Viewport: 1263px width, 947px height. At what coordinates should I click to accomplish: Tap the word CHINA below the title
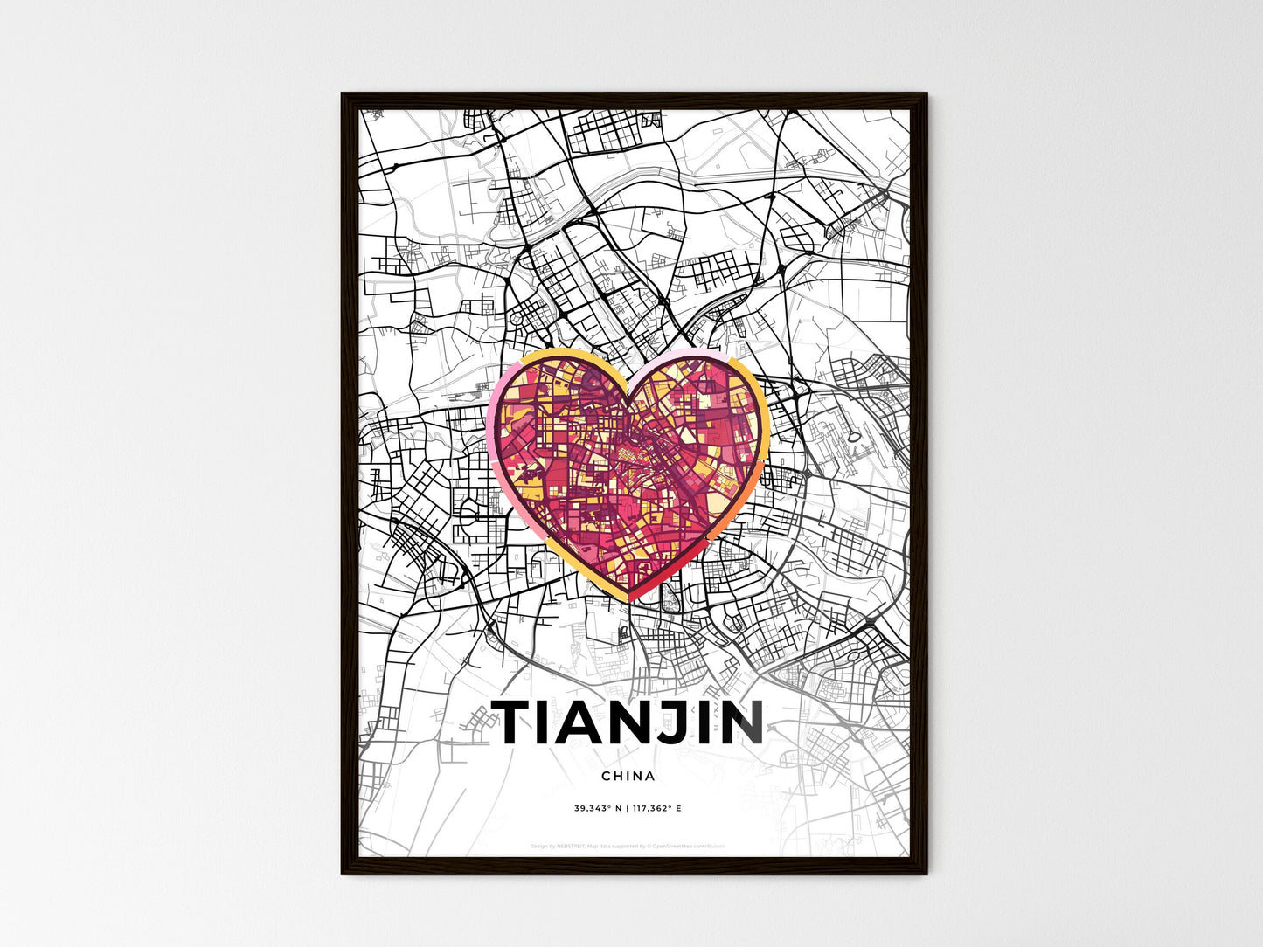point(628,776)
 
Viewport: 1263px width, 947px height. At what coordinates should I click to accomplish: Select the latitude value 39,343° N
point(598,809)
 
